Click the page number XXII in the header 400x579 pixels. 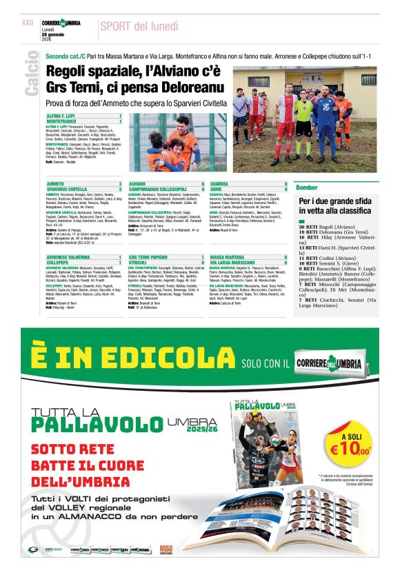click(28, 23)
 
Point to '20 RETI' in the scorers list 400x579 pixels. click(308, 226)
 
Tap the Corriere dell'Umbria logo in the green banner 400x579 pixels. click(334, 362)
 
